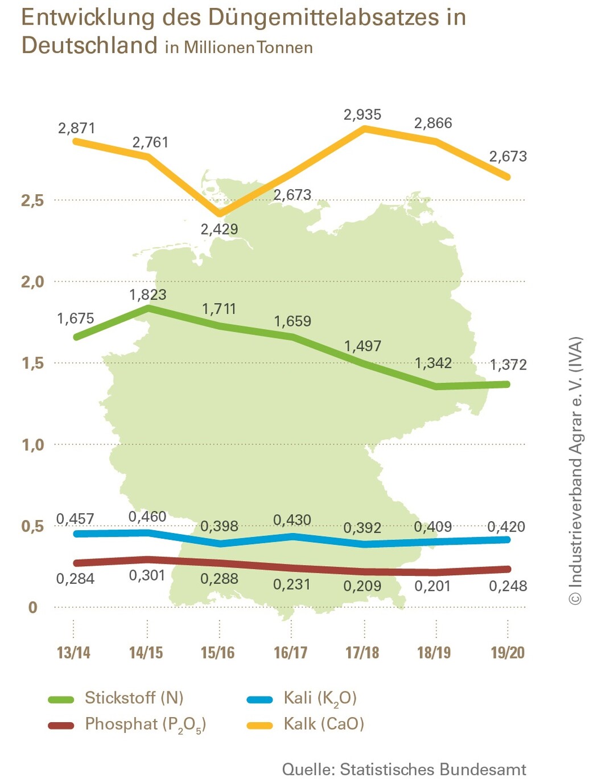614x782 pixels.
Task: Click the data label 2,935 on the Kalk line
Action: [x=362, y=115]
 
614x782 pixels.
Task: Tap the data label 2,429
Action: [x=219, y=230]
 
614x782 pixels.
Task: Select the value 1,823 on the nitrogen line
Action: [x=148, y=295]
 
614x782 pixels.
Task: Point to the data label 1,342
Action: [x=433, y=363]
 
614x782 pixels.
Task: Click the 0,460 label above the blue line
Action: [x=147, y=517]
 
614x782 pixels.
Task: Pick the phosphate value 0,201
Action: [x=432, y=586]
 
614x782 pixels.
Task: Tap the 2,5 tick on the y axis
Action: [x=32, y=200]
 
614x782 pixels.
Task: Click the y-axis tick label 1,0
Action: [x=32, y=445]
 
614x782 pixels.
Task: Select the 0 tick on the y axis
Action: [x=32, y=608]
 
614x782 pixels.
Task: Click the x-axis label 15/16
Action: [x=218, y=653]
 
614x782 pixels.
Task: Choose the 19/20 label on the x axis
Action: [x=508, y=653]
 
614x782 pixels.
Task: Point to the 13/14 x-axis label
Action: [x=73, y=653]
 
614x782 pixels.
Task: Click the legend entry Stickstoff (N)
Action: [x=134, y=698]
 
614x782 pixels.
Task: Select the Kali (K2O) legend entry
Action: [x=320, y=698]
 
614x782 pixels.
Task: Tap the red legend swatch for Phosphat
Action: [x=61, y=725]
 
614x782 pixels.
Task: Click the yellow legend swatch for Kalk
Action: [x=259, y=725]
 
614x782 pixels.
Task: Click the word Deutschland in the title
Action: [x=89, y=45]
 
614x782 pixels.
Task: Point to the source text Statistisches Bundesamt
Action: [x=433, y=770]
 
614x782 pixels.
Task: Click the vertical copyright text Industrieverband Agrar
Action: [x=576, y=470]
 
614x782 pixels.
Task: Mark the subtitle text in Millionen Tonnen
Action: [x=239, y=47]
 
